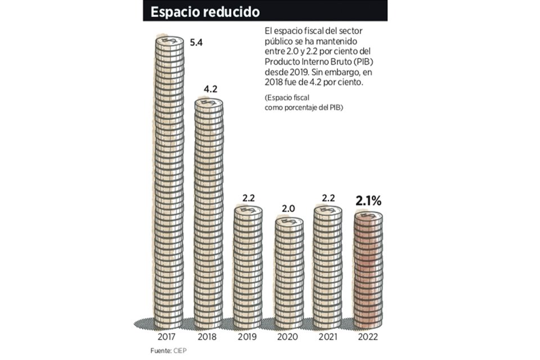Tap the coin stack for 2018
point(209,214)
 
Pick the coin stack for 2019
point(248,267)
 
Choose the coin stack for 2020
point(289,273)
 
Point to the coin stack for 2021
point(328,267)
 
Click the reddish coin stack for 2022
point(368,270)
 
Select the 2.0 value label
point(289,209)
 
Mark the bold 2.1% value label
point(368,200)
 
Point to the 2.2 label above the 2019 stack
point(248,197)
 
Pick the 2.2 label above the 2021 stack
point(328,197)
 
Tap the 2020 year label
point(289,338)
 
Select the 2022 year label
point(368,338)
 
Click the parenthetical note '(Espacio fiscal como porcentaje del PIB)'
point(304,102)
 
